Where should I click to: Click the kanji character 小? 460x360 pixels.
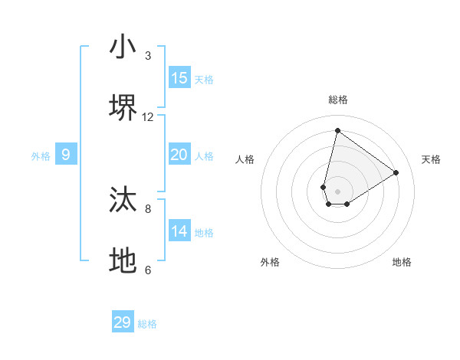pyautogui.click(x=123, y=47)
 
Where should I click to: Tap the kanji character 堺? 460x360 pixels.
pyautogui.click(x=123, y=108)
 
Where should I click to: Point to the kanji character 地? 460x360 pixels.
pyautogui.click(x=123, y=260)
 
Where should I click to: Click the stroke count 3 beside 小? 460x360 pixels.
pyautogui.click(x=148, y=56)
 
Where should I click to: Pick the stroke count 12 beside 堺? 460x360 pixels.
pyautogui.click(x=148, y=117)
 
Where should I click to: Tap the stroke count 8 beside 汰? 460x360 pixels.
pyautogui.click(x=148, y=208)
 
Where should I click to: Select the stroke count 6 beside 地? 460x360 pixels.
pyautogui.click(x=148, y=270)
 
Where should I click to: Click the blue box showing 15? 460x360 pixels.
pyautogui.click(x=179, y=78)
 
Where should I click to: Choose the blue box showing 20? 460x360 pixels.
pyautogui.click(x=179, y=155)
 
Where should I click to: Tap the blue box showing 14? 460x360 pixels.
pyautogui.click(x=179, y=231)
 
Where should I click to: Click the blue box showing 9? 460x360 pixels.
pyautogui.click(x=66, y=155)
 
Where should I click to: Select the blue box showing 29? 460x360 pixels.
pyautogui.click(x=123, y=322)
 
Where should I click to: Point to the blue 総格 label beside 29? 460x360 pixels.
pyautogui.click(x=147, y=324)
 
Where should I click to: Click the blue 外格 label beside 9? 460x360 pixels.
pyautogui.click(x=41, y=156)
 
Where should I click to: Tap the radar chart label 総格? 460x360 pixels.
pyautogui.click(x=337, y=100)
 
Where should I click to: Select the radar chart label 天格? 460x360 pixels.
pyautogui.click(x=431, y=159)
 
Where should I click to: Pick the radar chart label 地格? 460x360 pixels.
pyautogui.click(x=402, y=262)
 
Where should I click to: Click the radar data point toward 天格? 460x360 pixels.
pyautogui.click(x=396, y=172)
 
